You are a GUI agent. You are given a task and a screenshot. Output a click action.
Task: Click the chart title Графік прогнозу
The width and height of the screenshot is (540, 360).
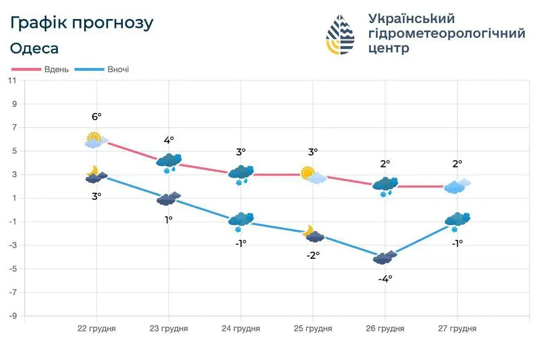[x=82, y=23]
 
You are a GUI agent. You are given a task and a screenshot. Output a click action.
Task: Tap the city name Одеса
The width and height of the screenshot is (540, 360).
[x=34, y=48]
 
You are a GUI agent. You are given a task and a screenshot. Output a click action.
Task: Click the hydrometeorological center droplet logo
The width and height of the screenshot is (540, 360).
[x=340, y=34]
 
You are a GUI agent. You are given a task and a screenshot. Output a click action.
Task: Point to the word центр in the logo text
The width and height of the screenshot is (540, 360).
[x=389, y=48]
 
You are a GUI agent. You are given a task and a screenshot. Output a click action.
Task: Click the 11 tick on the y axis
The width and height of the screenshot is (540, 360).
[x=12, y=81]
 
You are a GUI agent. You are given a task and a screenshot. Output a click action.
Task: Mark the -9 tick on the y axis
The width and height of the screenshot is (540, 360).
[x=12, y=316]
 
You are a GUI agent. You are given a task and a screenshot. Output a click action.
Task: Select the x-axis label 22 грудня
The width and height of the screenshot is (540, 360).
[x=97, y=328]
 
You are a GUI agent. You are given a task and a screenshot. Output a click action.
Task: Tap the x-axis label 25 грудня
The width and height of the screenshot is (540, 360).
[x=313, y=328]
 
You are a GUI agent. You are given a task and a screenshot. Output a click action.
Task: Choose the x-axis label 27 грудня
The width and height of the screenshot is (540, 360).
[x=457, y=328]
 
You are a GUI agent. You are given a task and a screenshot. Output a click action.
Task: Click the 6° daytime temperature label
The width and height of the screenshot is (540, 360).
[x=96, y=117]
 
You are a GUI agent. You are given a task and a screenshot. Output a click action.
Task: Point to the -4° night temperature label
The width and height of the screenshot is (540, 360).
[x=385, y=279]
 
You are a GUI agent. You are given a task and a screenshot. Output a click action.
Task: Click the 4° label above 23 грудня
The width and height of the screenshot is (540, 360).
[x=169, y=140]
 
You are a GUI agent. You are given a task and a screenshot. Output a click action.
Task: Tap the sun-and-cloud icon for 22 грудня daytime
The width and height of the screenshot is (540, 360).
[x=96, y=140]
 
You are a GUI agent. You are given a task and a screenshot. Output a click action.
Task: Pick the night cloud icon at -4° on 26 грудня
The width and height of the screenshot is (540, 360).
[x=384, y=257]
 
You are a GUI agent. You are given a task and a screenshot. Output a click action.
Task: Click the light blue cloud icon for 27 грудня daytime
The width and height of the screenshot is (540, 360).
[x=457, y=186]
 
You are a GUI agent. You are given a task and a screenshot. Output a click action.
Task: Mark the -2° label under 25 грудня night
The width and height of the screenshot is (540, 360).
[x=313, y=255]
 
